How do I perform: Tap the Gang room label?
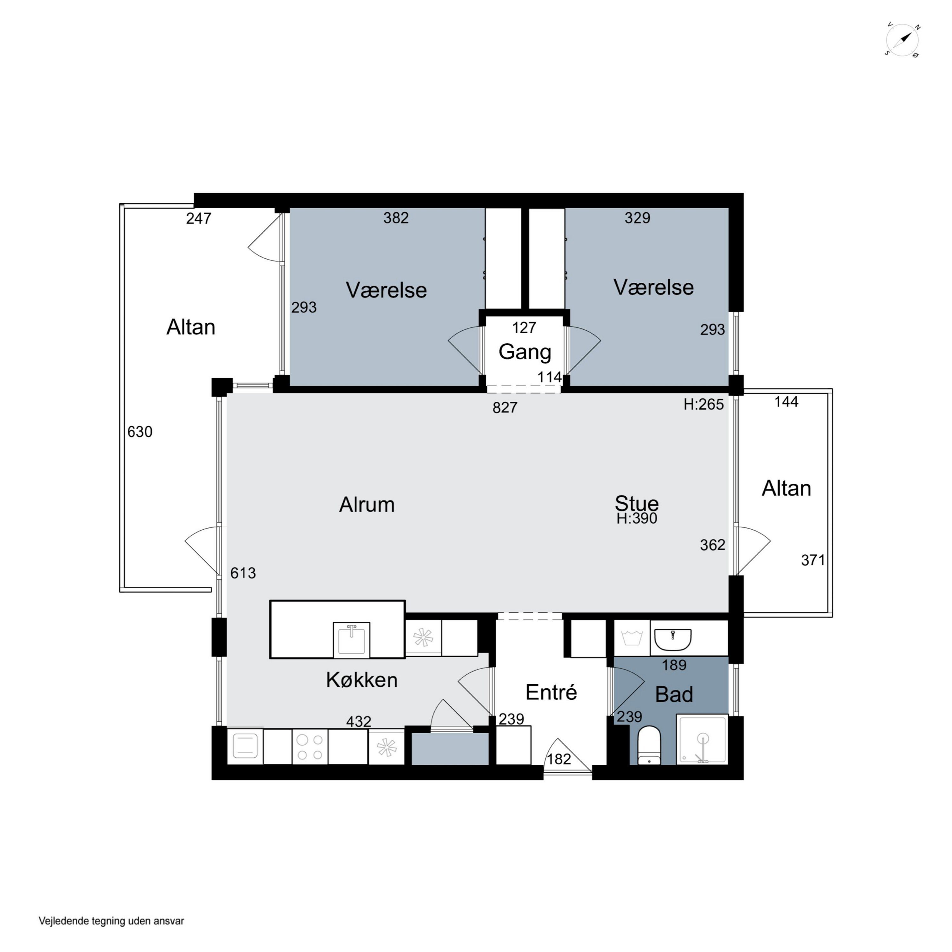(x=525, y=352)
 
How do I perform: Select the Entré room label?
(x=551, y=692)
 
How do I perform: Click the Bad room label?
(x=674, y=694)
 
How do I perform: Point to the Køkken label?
(x=362, y=680)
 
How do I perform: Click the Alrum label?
(x=367, y=505)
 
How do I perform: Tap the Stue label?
(x=637, y=503)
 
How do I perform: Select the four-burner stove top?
(x=310, y=747)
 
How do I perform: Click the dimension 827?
(x=505, y=407)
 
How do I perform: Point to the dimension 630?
(x=140, y=432)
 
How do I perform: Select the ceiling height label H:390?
(x=637, y=519)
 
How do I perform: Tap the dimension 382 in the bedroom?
(x=396, y=218)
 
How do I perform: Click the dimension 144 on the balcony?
(x=786, y=402)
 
